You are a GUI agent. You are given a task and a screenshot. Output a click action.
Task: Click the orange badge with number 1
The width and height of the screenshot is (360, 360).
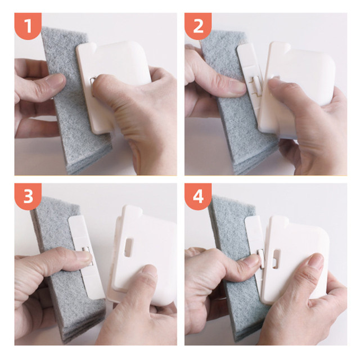[28, 26]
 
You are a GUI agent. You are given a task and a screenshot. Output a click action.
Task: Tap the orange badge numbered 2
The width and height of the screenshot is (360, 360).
[198, 26]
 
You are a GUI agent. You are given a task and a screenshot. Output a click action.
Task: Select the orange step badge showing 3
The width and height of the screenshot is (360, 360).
[28, 196]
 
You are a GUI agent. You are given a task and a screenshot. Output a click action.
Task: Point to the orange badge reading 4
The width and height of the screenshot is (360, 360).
[198, 196]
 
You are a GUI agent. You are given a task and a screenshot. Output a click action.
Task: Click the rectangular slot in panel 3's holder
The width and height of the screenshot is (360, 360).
[129, 247]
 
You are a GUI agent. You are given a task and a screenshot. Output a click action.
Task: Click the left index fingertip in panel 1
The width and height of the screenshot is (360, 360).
[58, 80]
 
